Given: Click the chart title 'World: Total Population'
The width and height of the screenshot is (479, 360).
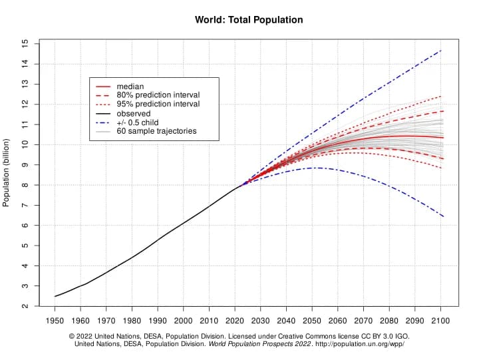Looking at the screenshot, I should (249, 20).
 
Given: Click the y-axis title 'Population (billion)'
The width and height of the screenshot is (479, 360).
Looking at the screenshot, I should (7, 173).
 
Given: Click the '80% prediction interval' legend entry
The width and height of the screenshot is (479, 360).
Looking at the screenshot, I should (158, 95).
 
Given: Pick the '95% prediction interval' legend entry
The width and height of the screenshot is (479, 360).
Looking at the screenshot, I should (158, 104).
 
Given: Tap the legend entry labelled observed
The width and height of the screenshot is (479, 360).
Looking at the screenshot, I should (133, 114).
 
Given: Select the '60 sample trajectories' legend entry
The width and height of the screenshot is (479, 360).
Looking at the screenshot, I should (156, 132).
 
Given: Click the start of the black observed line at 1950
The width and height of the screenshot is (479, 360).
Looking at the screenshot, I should (55, 296).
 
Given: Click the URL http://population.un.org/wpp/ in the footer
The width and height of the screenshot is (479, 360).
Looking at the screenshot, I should (356, 344).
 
